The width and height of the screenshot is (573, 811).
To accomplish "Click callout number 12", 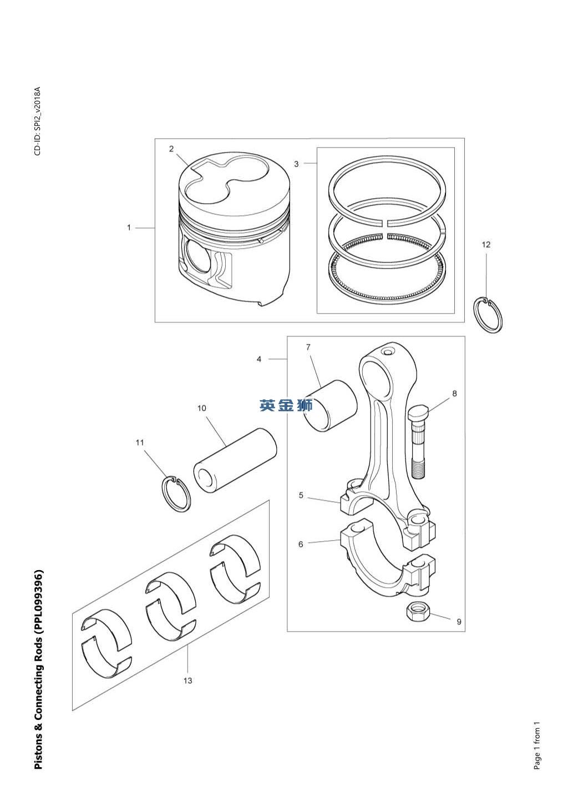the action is (486, 245).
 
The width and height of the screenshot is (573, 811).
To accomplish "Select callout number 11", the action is (140, 442).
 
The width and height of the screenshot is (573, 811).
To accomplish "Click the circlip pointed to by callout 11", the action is (163, 494).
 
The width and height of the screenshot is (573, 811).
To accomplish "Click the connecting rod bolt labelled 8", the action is (418, 442).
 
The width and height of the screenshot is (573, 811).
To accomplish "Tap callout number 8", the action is (455, 394).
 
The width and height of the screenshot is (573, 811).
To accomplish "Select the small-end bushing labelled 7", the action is (330, 405).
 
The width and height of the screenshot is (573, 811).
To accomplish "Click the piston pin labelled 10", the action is (235, 461).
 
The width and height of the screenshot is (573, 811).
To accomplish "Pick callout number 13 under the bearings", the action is (187, 681).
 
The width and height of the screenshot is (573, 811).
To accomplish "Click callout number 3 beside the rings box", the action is (296, 164).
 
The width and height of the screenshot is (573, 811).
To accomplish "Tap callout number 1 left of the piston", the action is (129, 228).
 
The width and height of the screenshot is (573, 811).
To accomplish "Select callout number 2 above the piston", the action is (171, 149).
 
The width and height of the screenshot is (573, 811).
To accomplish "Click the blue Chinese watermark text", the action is (286, 405).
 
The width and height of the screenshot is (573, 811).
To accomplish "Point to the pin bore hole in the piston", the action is (197, 255).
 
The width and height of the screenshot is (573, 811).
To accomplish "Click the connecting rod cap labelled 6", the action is (387, 560).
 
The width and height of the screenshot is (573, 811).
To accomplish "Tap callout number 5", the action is (301, 495).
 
